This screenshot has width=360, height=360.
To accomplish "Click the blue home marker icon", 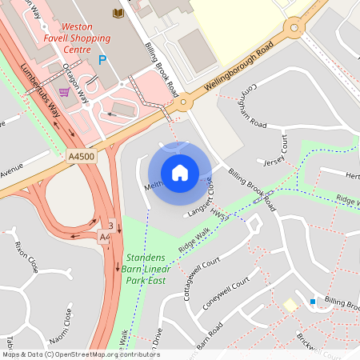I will (x=180, y=173).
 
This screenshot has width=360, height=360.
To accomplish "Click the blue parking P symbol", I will (x=102, y=60).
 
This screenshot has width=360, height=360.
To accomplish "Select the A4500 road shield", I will (x=82, y=157).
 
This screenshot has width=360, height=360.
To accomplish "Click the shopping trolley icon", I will (x=64, y=92).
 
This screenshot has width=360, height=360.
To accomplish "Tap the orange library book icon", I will (x=118, y=13).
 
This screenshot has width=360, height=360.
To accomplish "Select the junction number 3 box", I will (x=110, y=225).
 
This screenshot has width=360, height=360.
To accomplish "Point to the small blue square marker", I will (x=312, y=302).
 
